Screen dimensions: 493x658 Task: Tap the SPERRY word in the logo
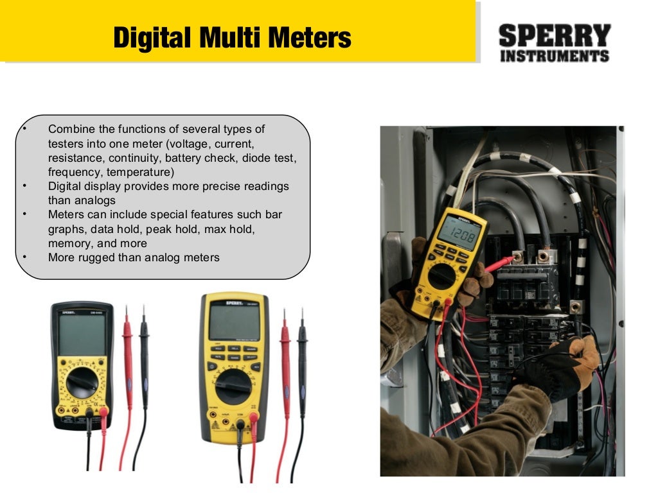(554, 35)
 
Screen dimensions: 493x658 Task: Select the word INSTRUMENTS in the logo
(554, 56)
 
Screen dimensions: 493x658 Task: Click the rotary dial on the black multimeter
(82, 383)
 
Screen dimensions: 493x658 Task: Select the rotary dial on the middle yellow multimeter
(233, 386)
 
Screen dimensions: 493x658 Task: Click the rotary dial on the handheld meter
(442, 277)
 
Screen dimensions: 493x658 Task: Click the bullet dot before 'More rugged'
(24, 257)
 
